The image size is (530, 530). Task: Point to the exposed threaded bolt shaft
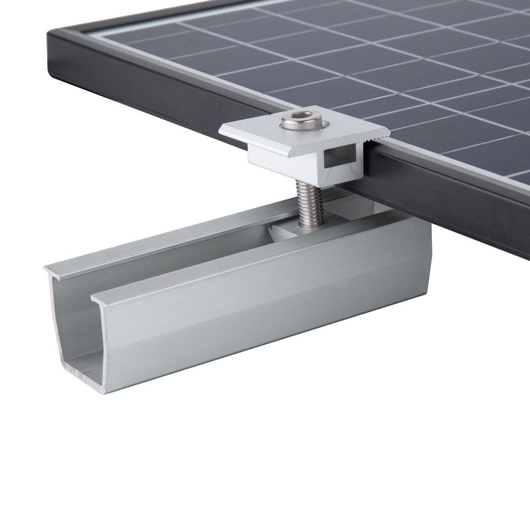pyautogui.click(x=306, y=204)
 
